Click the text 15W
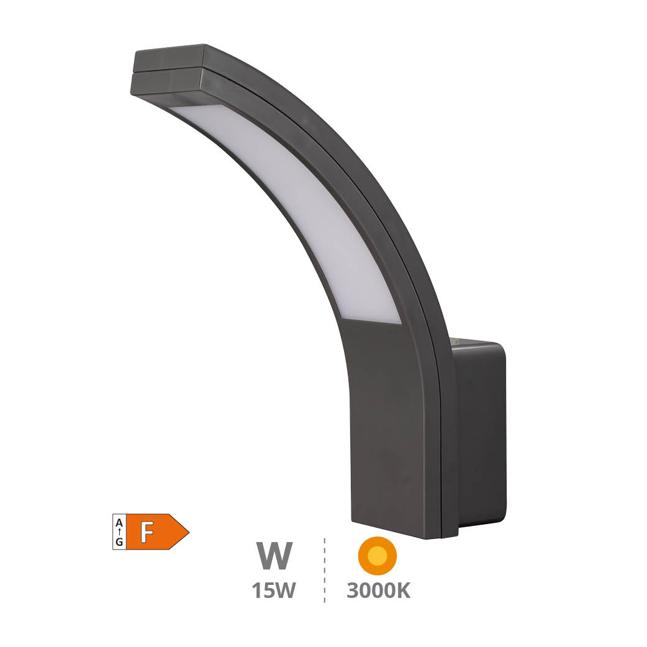[x=273, y=591]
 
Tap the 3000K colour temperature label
[x=378, y=591]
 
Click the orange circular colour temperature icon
[x=377, y=555]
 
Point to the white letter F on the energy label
[x=147, y=532]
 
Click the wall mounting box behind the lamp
[x=480, y=435]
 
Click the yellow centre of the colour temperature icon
[x=377, y=555]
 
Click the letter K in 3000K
[x=402, y=591]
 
